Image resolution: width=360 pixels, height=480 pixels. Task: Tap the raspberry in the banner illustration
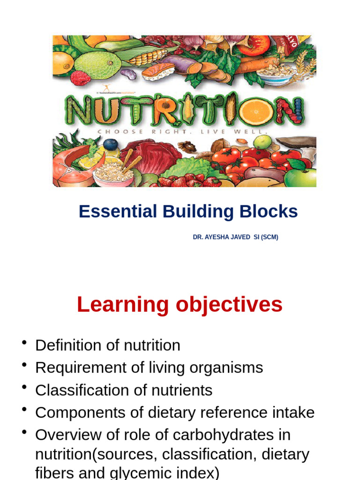[x=80, y=78]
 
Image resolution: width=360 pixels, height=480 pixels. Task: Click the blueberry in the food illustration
[x=111, y=144]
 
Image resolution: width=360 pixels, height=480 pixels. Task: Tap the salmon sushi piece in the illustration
[x=158, y=72]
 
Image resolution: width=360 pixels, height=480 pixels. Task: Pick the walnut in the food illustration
[x=187, y=146]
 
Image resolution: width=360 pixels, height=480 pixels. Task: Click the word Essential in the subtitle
[x=118, y=211]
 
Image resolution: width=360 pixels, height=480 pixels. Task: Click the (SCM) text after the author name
[x=270, y=237]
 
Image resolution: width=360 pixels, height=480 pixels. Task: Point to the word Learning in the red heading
[x=123, y=305]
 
